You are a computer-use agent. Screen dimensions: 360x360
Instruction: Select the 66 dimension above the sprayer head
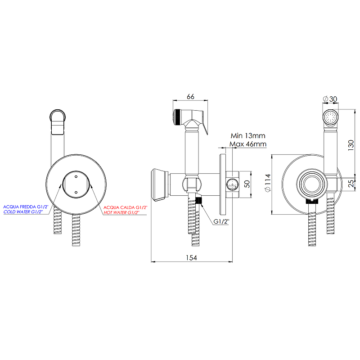(190, 96)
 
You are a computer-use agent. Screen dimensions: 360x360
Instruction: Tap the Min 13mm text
(247, 135)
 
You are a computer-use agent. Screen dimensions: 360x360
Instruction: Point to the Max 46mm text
(247, 144)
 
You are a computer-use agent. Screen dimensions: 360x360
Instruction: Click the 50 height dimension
(246, 183)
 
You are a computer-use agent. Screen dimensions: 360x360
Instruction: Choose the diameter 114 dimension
(268, 184)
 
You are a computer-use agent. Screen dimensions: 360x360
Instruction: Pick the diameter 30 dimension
(331, 99)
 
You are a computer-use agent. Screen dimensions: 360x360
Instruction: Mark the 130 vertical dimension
(351, 144)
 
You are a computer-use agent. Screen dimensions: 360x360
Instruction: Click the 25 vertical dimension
(351, 184)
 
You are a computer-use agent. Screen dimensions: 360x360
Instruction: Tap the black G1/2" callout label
(221, 222)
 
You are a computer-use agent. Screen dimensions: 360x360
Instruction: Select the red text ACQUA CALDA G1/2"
(125, 207)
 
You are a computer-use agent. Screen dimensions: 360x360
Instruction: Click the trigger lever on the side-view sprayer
(204, 130)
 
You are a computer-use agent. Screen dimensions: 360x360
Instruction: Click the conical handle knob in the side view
(159, 184)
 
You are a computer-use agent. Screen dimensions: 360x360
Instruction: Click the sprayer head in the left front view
(58, 121)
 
